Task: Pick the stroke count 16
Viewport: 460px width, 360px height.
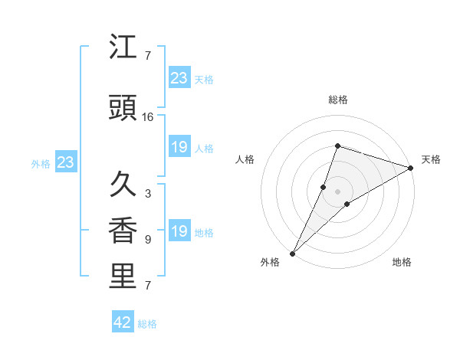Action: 148,117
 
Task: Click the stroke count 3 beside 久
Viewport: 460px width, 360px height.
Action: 147,194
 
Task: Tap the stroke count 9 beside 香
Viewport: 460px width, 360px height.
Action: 147,240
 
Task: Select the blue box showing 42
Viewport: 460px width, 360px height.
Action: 123,322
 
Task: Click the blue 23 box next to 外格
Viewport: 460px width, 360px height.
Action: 65,162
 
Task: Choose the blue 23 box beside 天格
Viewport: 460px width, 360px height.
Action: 179,78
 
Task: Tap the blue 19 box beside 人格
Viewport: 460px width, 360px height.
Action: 179,147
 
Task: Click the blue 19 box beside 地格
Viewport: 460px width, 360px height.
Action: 179,231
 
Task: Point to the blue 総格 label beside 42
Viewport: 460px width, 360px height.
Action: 147,324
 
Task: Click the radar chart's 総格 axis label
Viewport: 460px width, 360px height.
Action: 337,100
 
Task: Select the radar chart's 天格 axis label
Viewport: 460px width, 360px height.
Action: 431,159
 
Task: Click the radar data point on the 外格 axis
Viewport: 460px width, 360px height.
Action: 292,254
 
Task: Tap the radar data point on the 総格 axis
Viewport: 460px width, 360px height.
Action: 337,146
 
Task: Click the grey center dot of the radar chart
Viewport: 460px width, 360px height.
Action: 337,191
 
